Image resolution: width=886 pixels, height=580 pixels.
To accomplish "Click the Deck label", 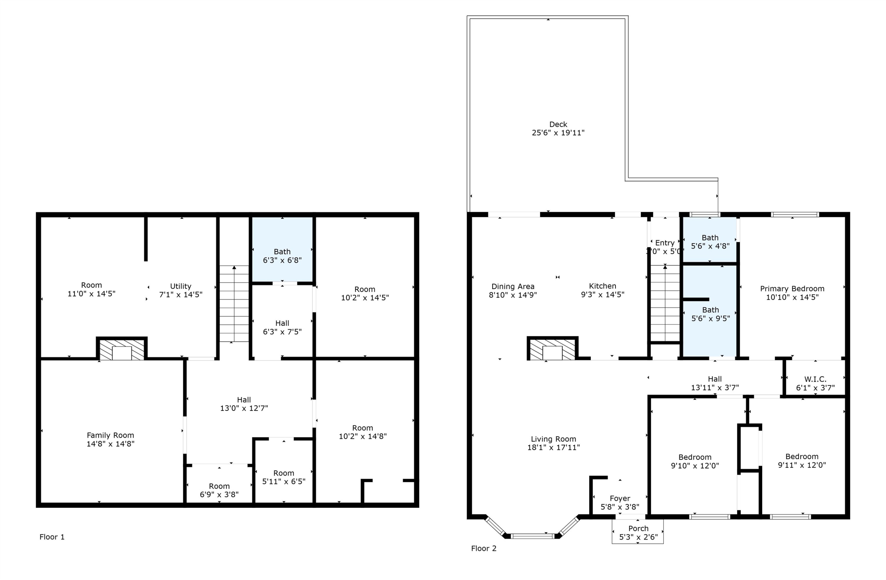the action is pos(558,124).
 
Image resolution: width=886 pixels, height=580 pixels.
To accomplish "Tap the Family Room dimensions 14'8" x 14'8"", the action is pos(110,444).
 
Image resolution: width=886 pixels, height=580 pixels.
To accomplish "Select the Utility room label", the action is pos(180,286).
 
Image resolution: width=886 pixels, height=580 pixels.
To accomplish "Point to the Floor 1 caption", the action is pos(52,537).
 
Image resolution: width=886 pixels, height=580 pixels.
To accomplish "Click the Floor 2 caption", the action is pos(483,548).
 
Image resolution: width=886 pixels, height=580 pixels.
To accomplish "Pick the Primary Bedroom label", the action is pos(792,289).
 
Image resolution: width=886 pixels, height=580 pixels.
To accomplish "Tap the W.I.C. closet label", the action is pos(815,379).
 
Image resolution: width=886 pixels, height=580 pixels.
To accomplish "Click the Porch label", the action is pos(639,529).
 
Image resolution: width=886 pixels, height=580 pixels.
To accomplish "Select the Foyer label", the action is pos(620,498).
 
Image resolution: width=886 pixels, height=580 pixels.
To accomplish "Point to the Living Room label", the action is pos(553,439).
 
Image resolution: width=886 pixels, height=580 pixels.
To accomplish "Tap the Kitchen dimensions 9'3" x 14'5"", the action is pos(603,295).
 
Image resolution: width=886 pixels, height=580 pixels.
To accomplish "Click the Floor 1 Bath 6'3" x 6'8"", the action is pos(282,256).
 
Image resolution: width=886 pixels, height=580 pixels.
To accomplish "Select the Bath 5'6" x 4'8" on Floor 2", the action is pos(710,242).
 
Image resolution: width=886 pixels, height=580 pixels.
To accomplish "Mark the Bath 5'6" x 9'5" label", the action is pos(711,314).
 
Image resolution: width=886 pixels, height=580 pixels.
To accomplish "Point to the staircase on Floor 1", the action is pos(234,304).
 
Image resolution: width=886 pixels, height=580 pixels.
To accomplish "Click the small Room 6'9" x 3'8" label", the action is pos(219,490).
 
